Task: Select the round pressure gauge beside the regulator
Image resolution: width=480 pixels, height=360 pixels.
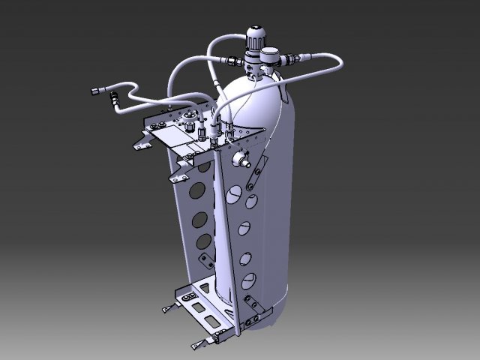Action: tap(268, 55)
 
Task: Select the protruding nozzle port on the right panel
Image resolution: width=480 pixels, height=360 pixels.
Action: tap(242, 160)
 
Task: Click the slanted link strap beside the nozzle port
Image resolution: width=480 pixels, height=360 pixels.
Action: tap(258, 169)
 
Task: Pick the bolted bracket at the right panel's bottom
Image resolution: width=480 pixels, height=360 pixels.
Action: tap(253, 305)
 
